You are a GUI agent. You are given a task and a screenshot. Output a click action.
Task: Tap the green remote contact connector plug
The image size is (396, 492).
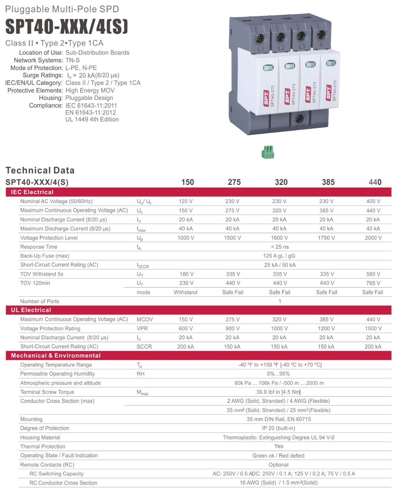tap(268, 152)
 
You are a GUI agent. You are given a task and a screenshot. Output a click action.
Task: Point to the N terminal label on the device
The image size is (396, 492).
tap(322, 45)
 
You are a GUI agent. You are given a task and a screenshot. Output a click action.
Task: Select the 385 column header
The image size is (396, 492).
tap(328, 182)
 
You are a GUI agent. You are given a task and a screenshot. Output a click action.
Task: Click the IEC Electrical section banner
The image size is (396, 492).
tap(32, 192)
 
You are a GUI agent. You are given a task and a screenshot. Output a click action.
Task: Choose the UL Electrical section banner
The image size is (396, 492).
tap(31, 310)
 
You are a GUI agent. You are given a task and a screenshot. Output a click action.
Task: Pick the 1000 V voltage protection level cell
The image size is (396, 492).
tap(186, 238)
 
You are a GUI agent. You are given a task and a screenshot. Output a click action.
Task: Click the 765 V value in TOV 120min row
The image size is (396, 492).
tap(373, 283)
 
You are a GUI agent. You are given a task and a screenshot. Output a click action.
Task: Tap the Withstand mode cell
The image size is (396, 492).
tap(185, 292)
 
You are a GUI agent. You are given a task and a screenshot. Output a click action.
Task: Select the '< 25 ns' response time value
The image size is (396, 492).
tap(280, 247)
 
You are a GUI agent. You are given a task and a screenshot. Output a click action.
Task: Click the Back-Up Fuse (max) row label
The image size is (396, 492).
tap(45, 256)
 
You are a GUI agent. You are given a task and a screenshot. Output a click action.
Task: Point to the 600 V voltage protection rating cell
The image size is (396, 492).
tap(186, 329)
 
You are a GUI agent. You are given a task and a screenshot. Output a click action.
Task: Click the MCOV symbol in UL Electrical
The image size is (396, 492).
tap(145, 320)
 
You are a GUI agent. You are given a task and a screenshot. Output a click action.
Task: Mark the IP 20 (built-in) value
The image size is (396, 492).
tap(279, 428)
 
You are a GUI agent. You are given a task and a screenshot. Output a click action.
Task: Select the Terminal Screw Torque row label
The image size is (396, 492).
tap(47, 392)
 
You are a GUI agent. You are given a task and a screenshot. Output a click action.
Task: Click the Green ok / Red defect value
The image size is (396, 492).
tap(279, 456)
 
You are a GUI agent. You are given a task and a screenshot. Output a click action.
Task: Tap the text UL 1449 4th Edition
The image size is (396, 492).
tap(92, 120)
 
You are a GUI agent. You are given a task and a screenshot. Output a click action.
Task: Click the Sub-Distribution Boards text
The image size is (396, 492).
tap(97, 53)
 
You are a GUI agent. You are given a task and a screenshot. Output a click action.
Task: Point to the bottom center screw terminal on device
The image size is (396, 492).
tap(300, 118)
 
